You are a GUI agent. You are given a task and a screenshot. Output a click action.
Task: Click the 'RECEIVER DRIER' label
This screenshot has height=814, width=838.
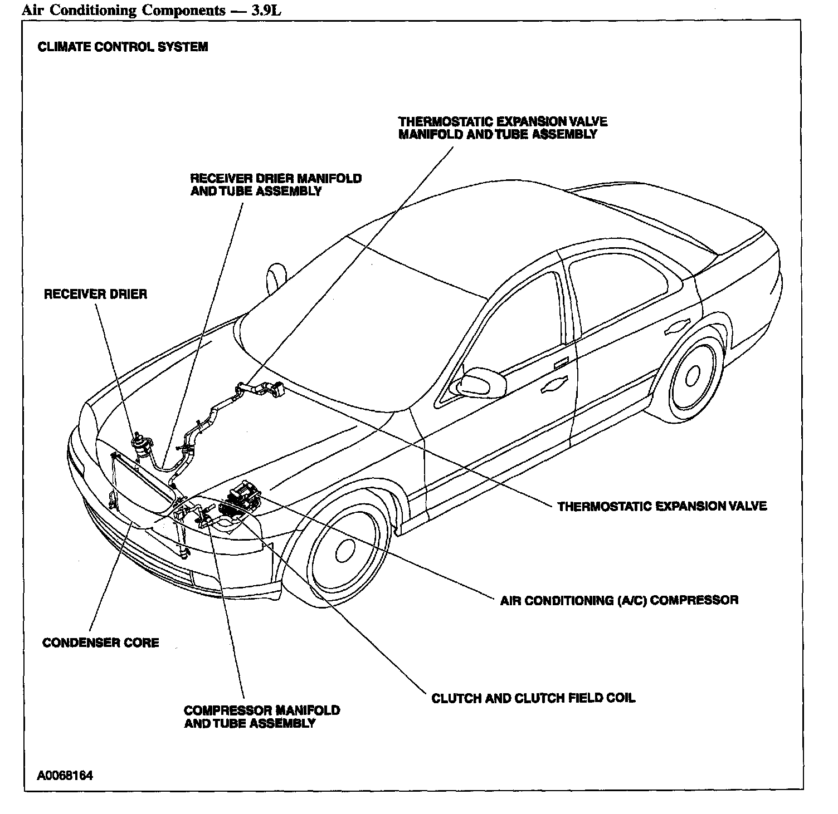(95, 294)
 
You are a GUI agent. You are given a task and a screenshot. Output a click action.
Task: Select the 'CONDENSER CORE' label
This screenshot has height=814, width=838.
(101, 643)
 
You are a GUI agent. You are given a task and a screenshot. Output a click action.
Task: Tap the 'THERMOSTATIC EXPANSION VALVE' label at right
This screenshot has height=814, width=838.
(662, 506)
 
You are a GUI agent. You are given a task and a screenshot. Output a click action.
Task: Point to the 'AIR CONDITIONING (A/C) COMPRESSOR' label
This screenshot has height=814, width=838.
(619, 600)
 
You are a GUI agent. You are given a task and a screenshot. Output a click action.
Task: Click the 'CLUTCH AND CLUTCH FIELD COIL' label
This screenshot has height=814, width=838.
(533, 698)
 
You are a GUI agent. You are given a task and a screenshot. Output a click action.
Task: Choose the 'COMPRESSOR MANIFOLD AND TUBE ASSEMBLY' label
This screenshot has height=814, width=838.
(261, 717)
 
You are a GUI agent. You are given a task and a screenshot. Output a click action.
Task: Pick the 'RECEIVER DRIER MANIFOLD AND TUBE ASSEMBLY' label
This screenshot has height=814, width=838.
(276, 185)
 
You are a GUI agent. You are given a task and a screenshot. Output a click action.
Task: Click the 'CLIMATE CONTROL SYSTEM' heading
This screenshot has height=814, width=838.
(123, 47)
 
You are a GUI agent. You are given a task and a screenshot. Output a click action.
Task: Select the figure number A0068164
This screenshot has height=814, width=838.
(65, 776)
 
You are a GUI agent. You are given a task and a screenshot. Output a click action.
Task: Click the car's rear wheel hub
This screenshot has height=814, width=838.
(693, 377)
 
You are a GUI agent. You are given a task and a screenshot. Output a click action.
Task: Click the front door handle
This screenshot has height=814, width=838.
(554, 384)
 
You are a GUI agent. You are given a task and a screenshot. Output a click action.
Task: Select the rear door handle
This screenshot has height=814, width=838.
(678, 328)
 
